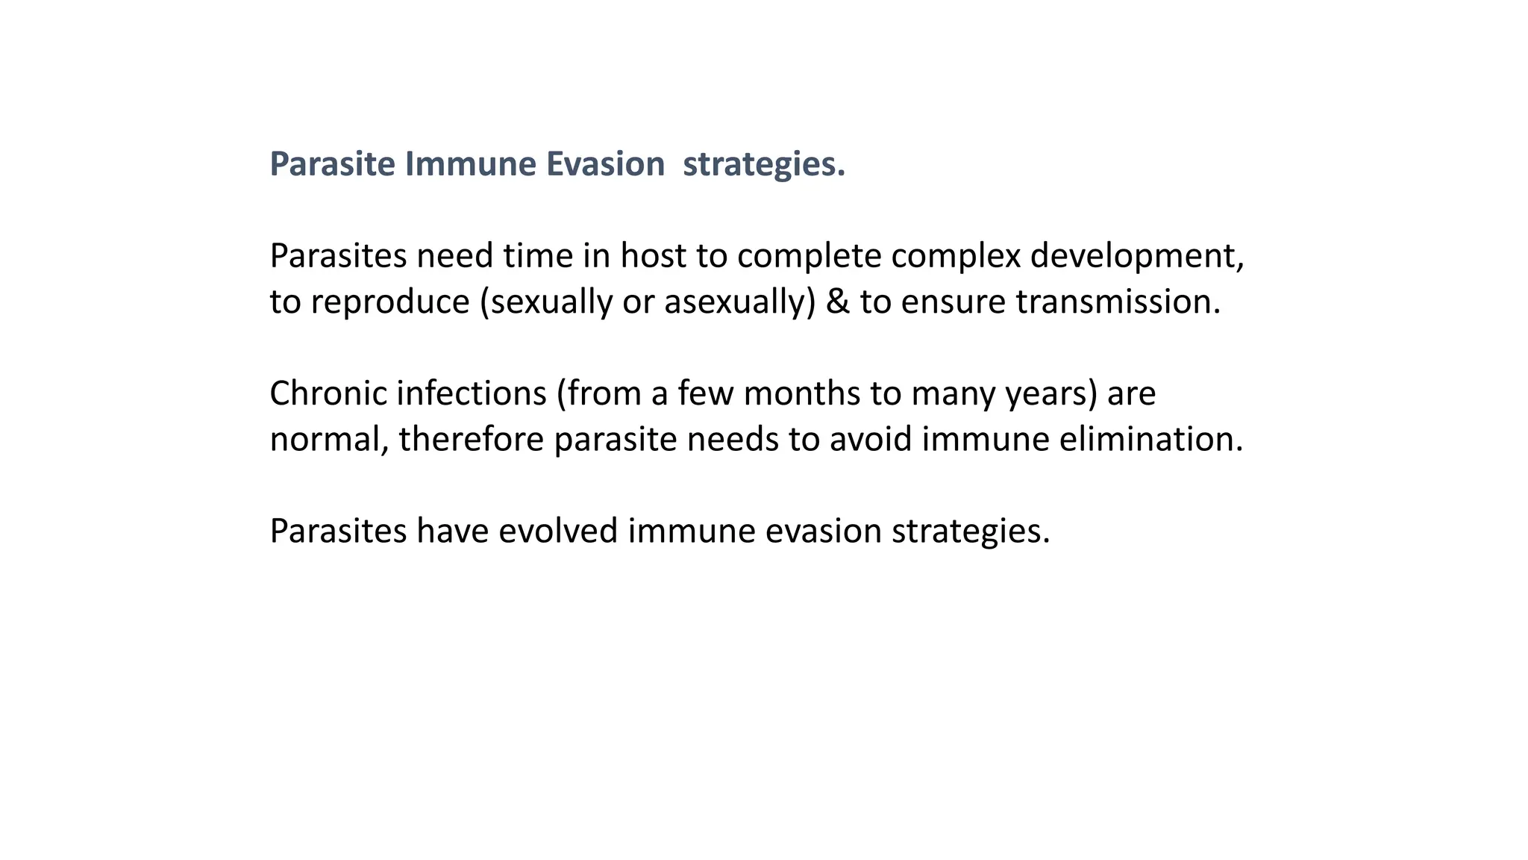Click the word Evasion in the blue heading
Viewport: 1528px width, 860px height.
tap(605, 164)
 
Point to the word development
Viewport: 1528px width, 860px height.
tap(1136, 256)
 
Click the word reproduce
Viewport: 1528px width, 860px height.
tap(390, 302)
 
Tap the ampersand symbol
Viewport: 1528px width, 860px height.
tap(838, 302)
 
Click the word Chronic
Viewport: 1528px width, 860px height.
tap(328, 393)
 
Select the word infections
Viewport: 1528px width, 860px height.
tap(472, 393)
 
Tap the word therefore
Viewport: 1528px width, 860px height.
tap(472, 440)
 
